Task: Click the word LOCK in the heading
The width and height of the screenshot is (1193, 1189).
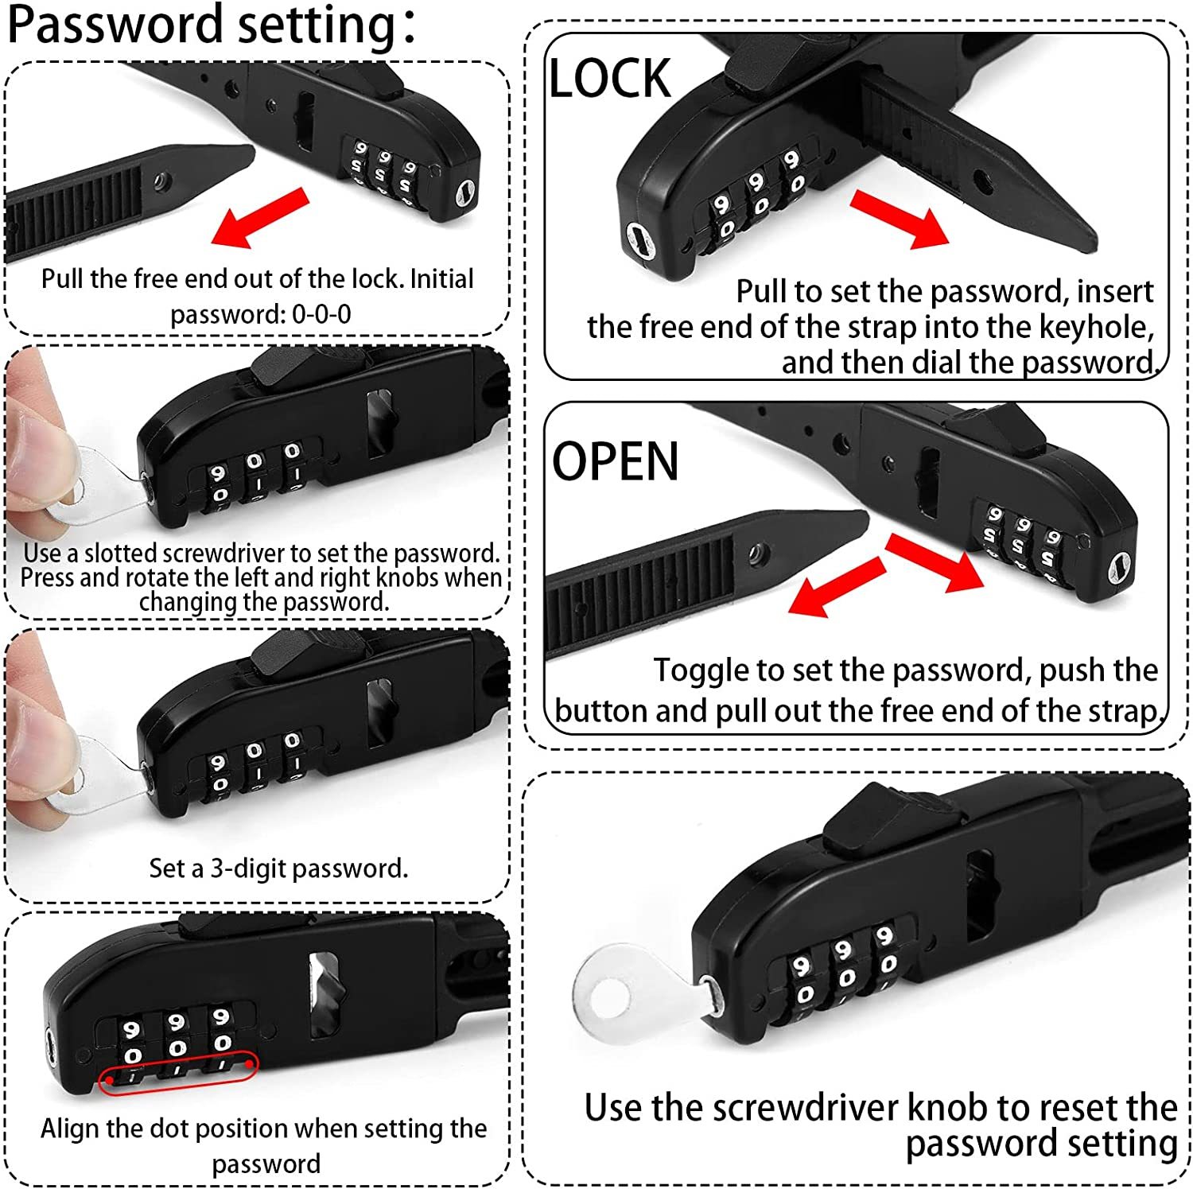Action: [x=610, y=78]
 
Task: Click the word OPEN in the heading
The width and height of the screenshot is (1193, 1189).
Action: [x=616, y=461]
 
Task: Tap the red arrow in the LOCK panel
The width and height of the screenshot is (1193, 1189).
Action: [x=900, y=219]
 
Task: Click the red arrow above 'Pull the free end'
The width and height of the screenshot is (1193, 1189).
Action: [x=260, y=217]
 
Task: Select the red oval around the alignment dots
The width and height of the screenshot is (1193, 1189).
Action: [x=178, y=1073]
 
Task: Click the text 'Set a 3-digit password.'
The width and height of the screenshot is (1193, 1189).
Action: [x=278, y=868]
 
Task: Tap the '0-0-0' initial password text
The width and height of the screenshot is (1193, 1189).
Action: [x=321, y=314]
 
